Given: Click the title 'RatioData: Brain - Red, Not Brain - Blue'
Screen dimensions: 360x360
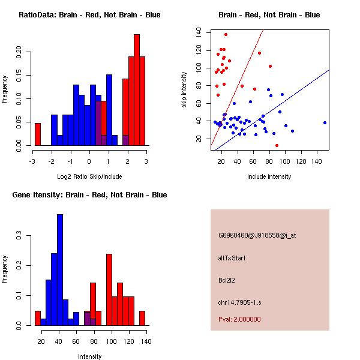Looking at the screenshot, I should coord(89,15).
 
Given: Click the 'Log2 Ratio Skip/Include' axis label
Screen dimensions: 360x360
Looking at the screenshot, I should coord(89,177).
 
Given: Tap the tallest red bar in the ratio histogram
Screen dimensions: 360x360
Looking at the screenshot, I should coord(137,90).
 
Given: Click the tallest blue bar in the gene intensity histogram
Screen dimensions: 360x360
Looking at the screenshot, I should coord(60,270).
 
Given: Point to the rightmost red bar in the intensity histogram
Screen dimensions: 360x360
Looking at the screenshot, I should coord(142,318).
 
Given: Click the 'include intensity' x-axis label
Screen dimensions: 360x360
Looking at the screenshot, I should coord(269,177).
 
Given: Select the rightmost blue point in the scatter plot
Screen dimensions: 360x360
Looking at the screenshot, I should coord(325,122).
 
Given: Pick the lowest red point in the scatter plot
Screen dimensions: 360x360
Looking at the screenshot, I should coord(277,145).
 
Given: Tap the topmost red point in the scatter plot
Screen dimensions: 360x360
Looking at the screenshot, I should coord(226,34).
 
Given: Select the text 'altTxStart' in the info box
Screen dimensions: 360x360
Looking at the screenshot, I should coord(232,258).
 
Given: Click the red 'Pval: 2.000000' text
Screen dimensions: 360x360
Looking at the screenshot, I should coord(239,319).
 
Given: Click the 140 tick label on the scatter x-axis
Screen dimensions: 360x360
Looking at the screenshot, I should coord(317,161).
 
